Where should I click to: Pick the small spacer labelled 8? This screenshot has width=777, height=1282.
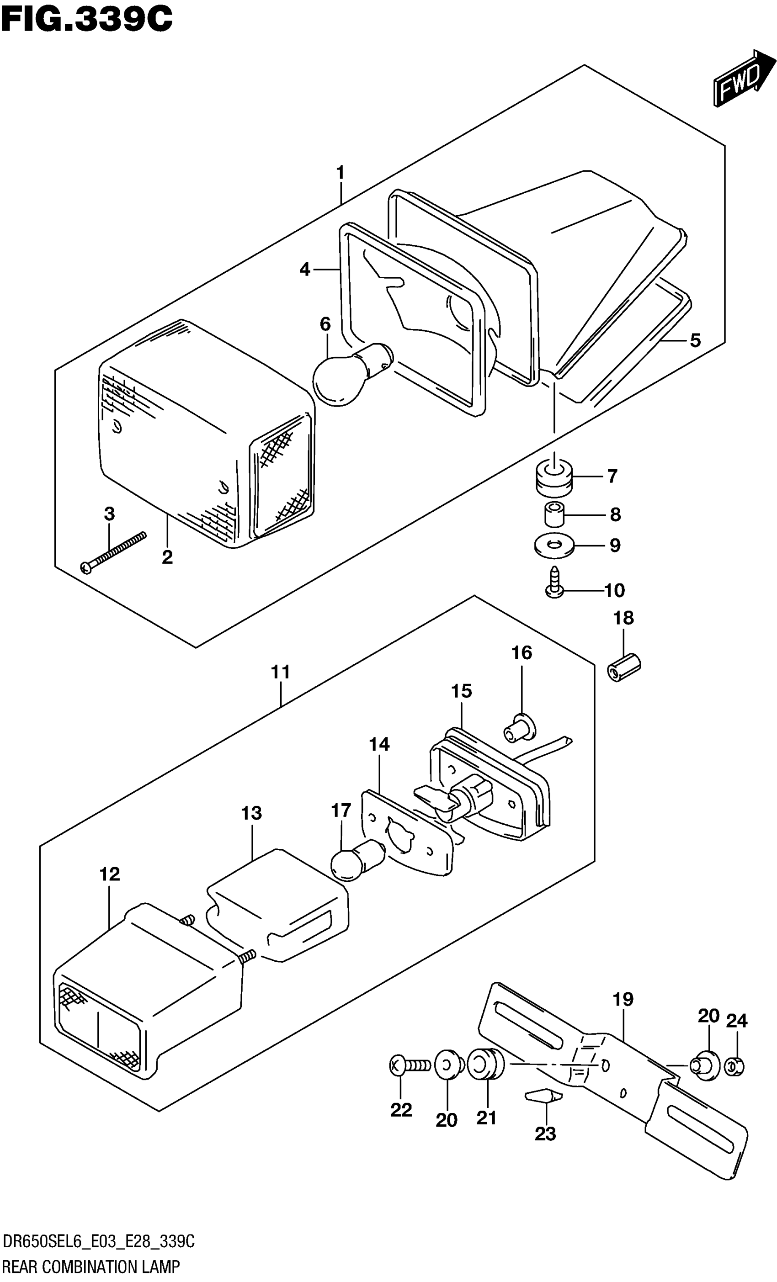coord(555,514)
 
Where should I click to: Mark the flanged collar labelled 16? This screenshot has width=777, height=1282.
coord(518,730)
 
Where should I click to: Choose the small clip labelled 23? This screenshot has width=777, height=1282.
coord(544,1095)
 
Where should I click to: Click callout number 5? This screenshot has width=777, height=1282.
coord(695,341)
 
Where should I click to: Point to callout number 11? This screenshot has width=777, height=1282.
coord(281,672)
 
